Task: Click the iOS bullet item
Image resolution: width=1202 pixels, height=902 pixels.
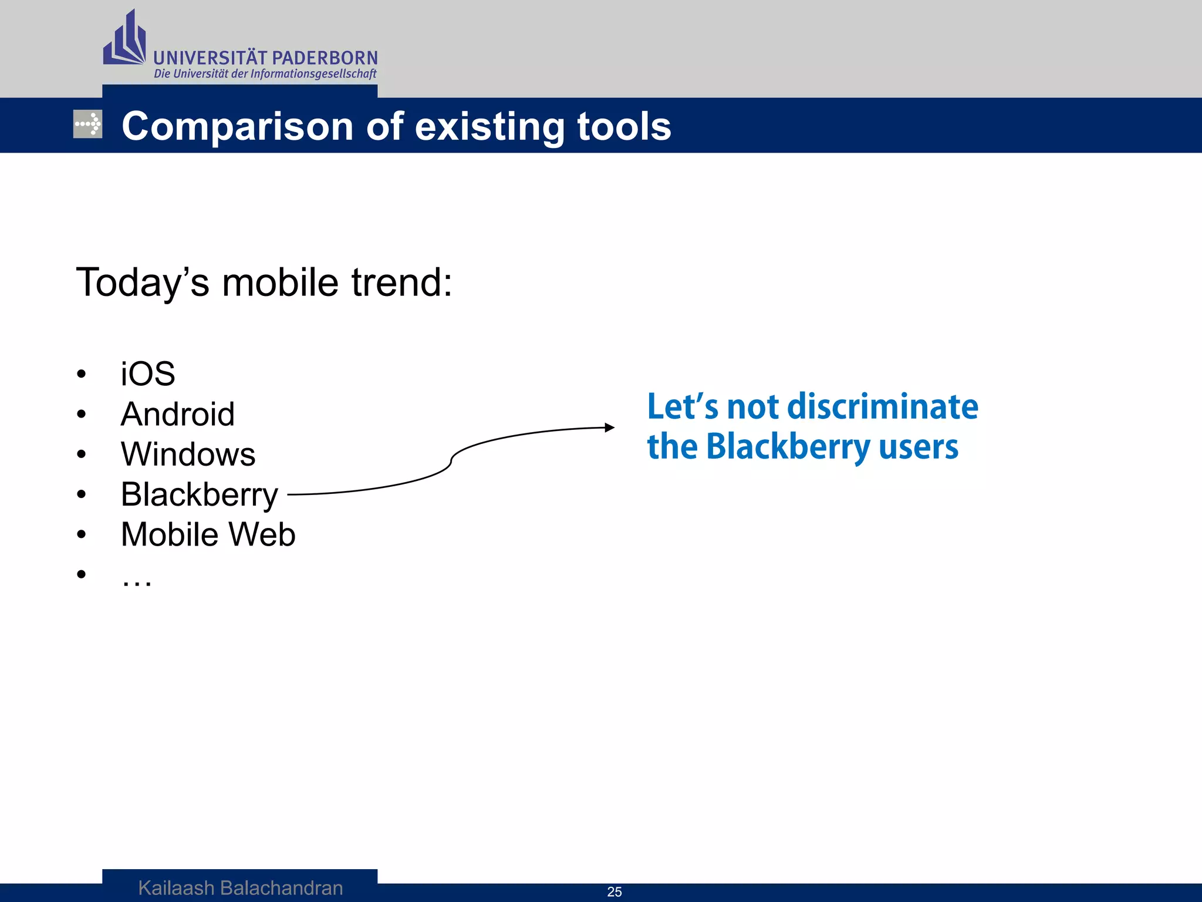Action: pos(147,374)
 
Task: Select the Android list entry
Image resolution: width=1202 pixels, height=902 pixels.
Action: pos(177,414)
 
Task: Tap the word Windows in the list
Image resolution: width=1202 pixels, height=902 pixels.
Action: pos(188,454)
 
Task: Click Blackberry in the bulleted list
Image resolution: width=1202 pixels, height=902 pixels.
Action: pos(199,494)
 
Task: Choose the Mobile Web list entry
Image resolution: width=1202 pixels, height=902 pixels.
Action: pos(208,534)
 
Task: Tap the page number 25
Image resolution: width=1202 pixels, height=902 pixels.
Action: pos(614,891)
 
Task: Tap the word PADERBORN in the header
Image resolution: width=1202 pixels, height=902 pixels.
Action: pos(325,58)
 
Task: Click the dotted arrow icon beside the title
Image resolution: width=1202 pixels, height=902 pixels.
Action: pos(87,124)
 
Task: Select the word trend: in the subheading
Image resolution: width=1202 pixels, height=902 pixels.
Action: pos(401,282)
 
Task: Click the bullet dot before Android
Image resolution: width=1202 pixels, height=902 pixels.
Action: pos(81,415)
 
